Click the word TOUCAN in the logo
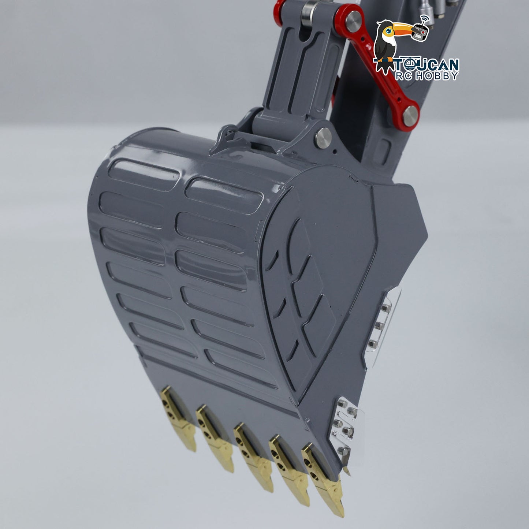pos(427,65)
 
